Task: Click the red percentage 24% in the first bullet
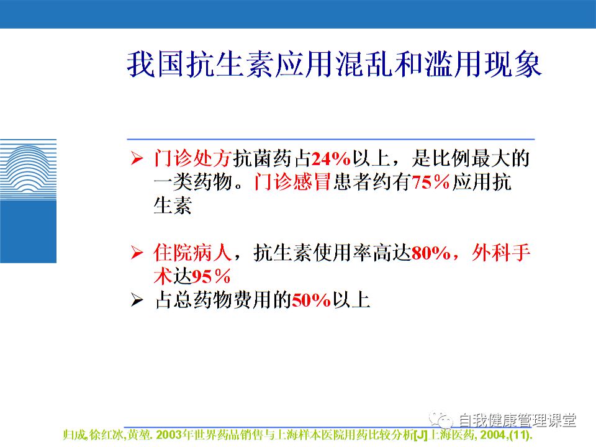pyautogui.click(x=331, y=160)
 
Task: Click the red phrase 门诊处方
pyautogui.click(x=192, y=159)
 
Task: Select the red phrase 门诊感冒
pyautogui.click(x=292, y=183)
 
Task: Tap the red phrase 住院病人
pyautogui.click(x=192, y=253)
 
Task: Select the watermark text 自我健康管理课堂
pyautogui.click(x=517, y=420)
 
